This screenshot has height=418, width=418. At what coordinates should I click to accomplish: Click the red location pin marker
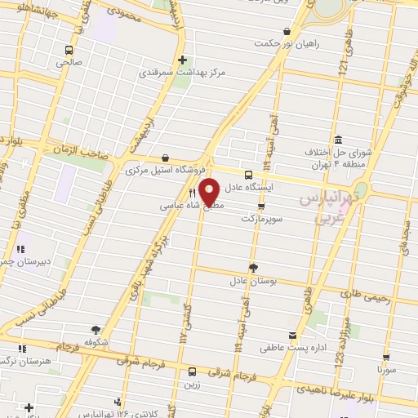tap(209, 191)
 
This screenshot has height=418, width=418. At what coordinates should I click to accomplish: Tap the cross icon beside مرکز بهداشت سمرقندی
tap(182, 60)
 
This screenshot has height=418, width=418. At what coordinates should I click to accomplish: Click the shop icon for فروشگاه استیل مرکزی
tap(166, 158)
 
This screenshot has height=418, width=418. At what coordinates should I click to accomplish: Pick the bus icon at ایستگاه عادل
tap(248, 174)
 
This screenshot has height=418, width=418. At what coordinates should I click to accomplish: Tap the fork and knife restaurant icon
tap(193, 193)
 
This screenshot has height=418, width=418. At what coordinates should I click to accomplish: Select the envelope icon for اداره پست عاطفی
tap(292, 336)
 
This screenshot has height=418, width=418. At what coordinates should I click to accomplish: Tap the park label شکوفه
tap(97, 343)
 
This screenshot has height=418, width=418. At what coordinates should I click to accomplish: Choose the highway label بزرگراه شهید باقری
tap(160, 265)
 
